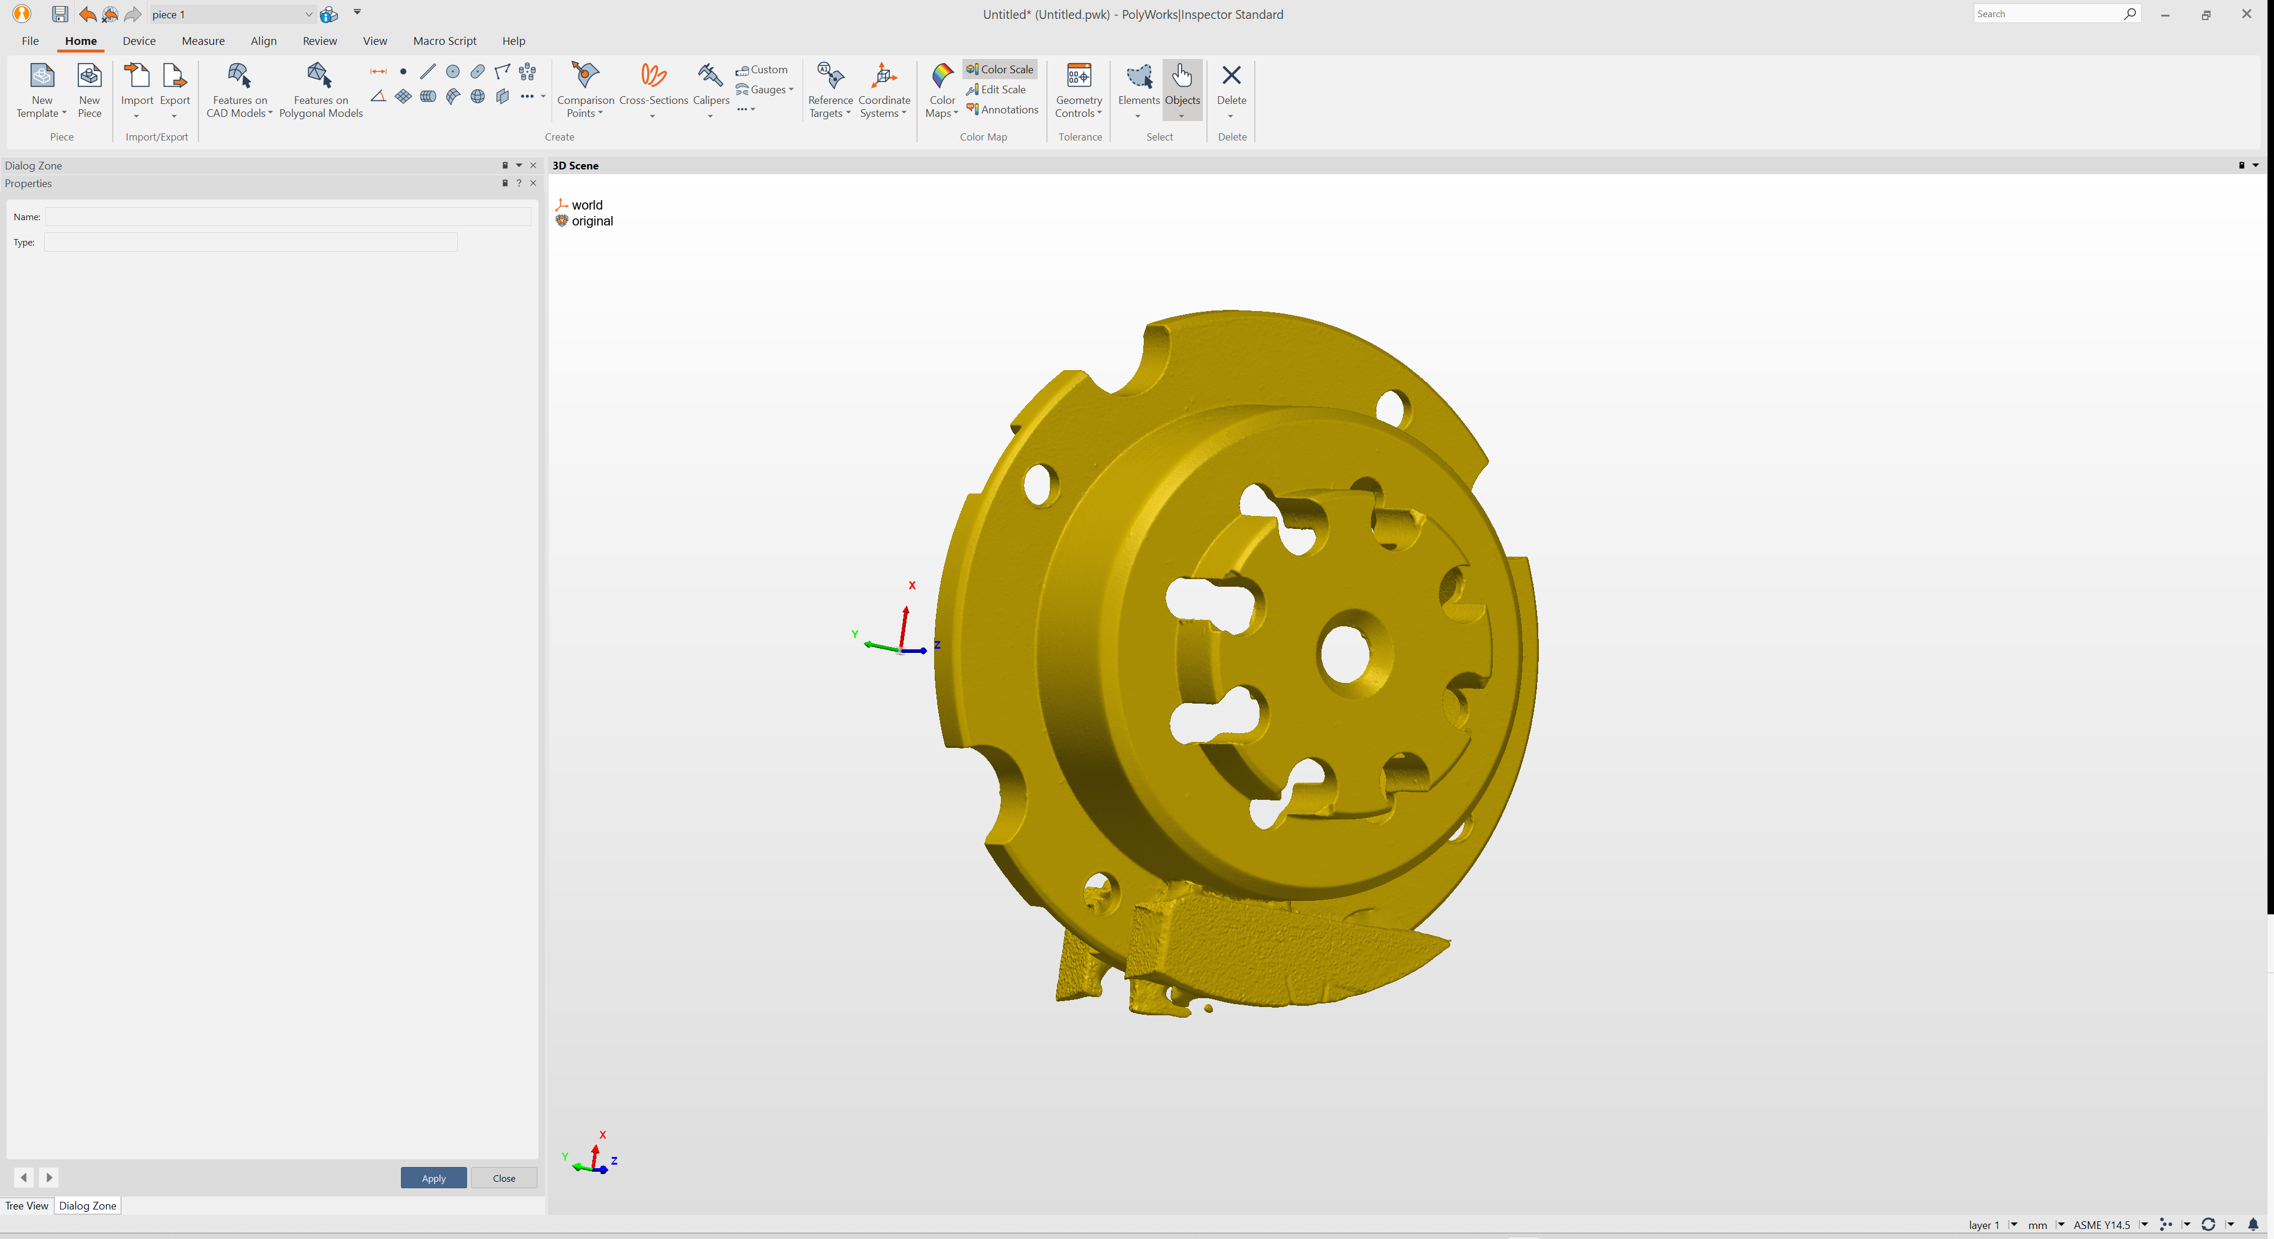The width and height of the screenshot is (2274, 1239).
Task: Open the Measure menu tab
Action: tap(203, 41)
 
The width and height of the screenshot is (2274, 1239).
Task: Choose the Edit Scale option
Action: tap(1003, 89)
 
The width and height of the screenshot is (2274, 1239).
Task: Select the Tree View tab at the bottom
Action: tap(27, 1205)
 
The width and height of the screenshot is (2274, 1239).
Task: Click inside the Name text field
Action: tap(288, 216)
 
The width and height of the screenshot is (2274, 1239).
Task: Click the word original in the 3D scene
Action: tap(592, 221)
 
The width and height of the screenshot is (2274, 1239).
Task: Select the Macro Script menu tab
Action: tap(444, 41)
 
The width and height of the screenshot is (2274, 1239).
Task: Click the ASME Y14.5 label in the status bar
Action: tap(2101, 1224)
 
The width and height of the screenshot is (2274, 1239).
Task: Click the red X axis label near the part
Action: tap(912, 585)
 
